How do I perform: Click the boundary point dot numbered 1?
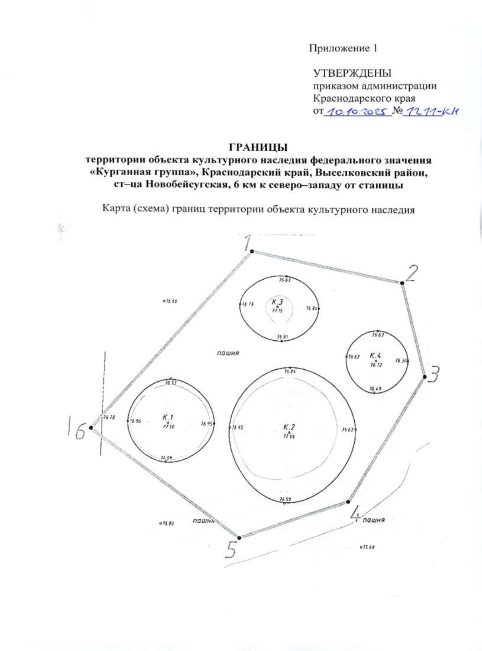click(x=252, y=251)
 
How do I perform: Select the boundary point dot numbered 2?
click(x=402, y=283)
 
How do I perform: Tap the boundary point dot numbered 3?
click(x=425, y=377)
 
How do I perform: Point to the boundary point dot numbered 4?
click(x=348, y=502)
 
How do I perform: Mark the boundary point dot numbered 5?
click(x=239, y=538)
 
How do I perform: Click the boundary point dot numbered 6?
click(x=91, y=428)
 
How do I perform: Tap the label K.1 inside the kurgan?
click(x=168, y=417)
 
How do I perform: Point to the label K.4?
click(x=376, y=355)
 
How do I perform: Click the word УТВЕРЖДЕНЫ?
click(x=352, y=73)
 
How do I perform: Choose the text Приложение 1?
click(x=343, y=49)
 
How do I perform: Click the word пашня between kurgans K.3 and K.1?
click(x=228, y=353)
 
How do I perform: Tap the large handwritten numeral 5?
click(x=230, y=550)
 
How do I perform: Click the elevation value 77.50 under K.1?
click(x=168, y=427)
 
